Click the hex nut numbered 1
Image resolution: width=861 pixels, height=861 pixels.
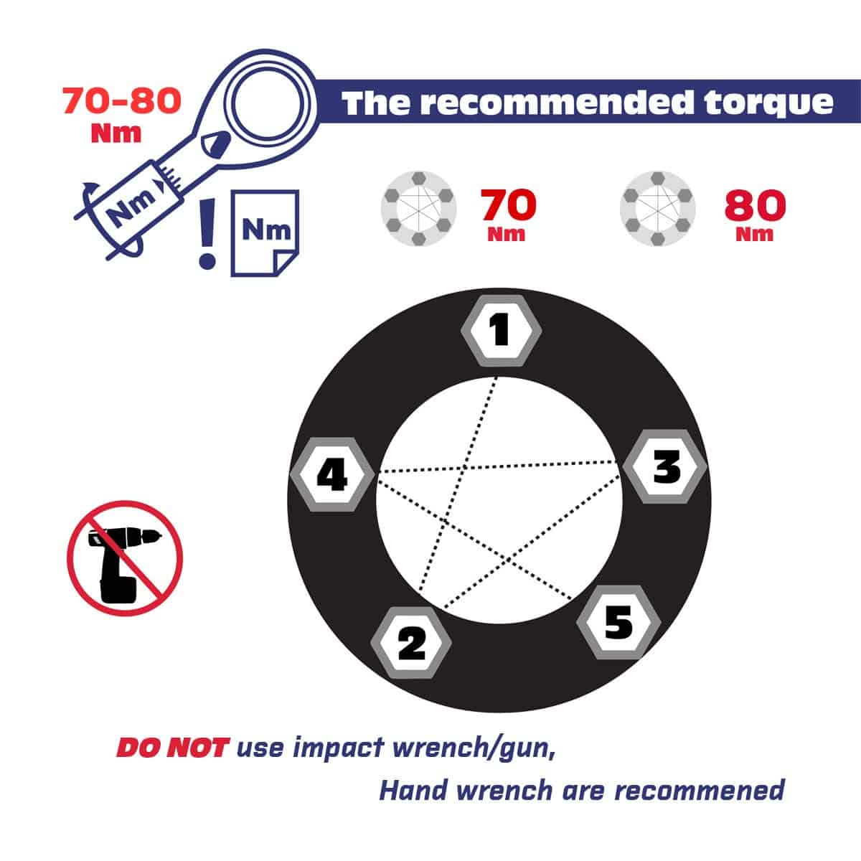(501, 331)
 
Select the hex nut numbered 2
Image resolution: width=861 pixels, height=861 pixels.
(411, 642)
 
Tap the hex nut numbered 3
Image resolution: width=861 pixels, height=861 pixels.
(665, 467)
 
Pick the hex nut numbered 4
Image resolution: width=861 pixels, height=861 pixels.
(332, 474)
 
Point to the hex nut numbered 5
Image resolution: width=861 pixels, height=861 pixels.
(618, 622)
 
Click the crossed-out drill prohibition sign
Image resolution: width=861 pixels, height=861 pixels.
(125, 558)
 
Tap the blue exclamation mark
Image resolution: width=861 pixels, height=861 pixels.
(207, 234)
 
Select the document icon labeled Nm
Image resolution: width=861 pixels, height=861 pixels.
(265, 233)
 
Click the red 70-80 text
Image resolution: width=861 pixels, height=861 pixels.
(122, 100)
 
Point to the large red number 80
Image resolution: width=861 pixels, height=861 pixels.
(755, 205)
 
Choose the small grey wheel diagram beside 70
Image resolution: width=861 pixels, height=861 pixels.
(418, 209)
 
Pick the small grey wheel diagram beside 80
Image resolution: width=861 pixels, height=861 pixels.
(658, 209)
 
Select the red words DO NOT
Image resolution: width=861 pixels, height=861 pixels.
(173, 748)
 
